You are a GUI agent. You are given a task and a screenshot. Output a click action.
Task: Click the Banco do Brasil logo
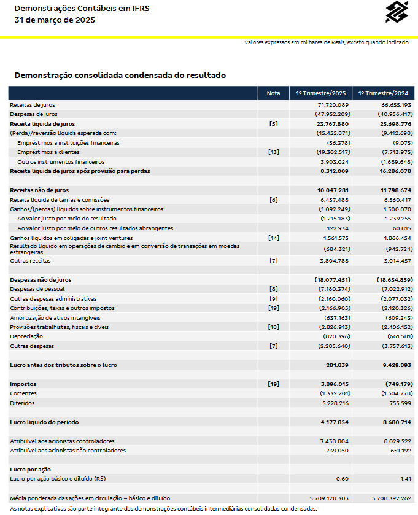point(397,12)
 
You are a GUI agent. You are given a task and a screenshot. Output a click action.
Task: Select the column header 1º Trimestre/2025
point(321,93)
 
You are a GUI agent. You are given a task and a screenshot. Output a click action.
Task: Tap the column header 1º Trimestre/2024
point(383,93)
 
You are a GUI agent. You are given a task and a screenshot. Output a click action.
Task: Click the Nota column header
point(274,93)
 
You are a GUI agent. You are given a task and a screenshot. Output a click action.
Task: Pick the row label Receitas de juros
point(33,105)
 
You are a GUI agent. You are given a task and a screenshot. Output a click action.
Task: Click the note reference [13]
point(274,152)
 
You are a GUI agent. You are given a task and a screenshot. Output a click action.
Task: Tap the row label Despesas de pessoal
point(37,288)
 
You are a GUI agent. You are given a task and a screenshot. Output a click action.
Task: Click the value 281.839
point(336,365)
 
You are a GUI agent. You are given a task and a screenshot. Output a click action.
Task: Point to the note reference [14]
point(274,238)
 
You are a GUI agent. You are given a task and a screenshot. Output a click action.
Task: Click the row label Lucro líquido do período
point(53,422)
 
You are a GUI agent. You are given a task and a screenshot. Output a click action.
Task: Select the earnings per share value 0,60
point(343,478)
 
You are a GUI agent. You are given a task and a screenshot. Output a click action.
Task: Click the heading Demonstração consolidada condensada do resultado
point(120,76)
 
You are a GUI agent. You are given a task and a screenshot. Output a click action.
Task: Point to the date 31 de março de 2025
point(55,20)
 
